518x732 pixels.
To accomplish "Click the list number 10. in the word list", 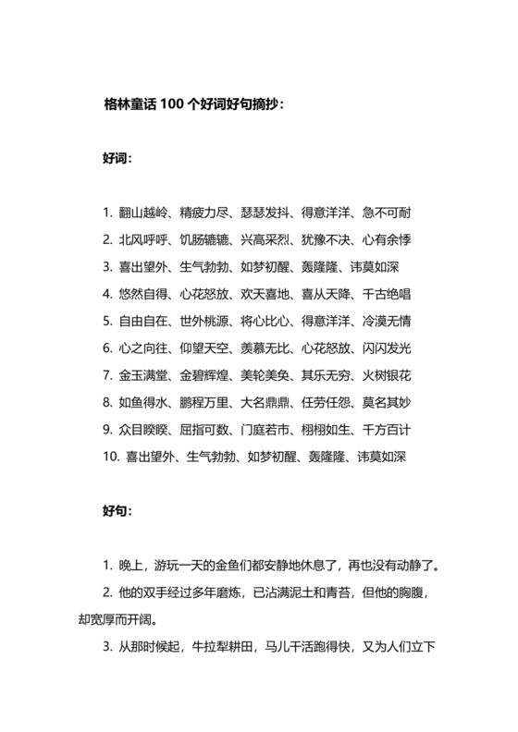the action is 112,457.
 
